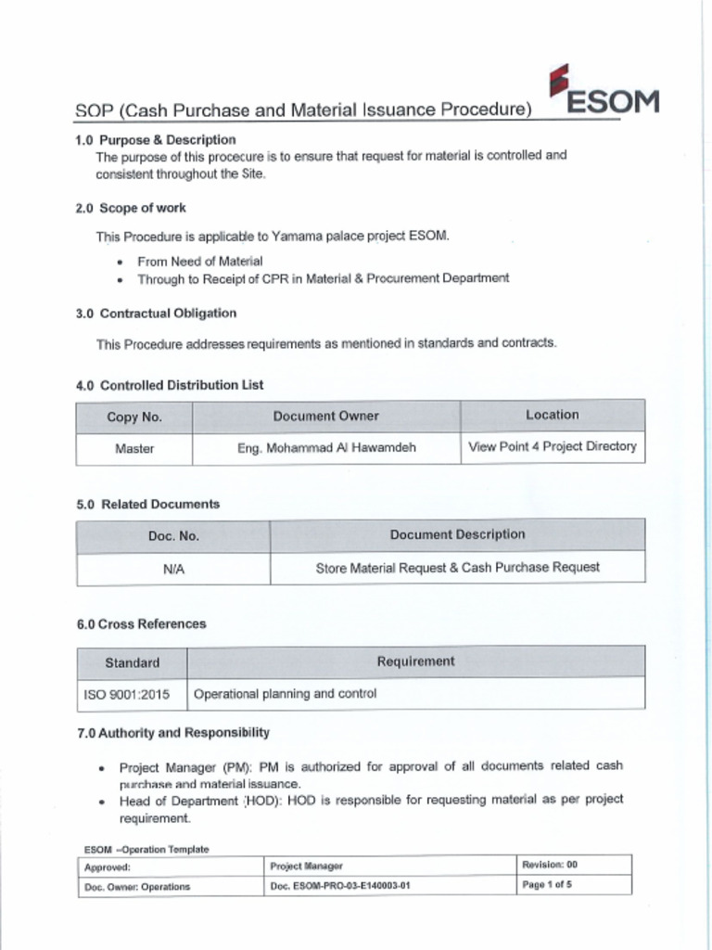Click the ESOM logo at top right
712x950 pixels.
pyautogui.click(x=604, y=93)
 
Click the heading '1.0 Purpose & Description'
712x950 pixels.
pyautogui.click(x=156, y=139)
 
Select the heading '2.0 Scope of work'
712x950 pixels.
pyautogui.click(x=131, y=208)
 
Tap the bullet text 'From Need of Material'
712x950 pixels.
pyautogui.click(x=199, y=262)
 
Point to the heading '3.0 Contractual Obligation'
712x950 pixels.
pyautogui.click(x=156, y=314)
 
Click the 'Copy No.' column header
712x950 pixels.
pyautogui.click(x=134, y=417)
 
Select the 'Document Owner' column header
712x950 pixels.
pyautogui.click(x=325, y=416)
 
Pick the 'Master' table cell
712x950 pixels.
pyautogui.click(x=134, y=448)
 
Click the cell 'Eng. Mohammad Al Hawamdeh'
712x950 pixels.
pyautogui.click(x=326, y=447)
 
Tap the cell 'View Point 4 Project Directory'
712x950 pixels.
pyautogui.click(x=553, y=446)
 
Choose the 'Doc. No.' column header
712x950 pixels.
pyautogui.click(x=173, y=535)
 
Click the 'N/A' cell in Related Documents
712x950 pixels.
pyautogui.click(x=173, y=569)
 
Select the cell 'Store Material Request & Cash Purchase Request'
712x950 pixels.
pyautogui.click(x=457, y=567)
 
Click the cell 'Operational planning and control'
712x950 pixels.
pyautogui.click(x=286, y=693)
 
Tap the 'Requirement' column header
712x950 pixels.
pyautogui.click(x=415, y=661)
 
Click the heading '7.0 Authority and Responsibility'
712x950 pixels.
pyautogui.click(x=173, y=733)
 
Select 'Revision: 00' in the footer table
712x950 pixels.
pyautogui.click(x=550, y=865)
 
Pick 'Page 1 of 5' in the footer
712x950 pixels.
pyautogui.click(x=547, y=884)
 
